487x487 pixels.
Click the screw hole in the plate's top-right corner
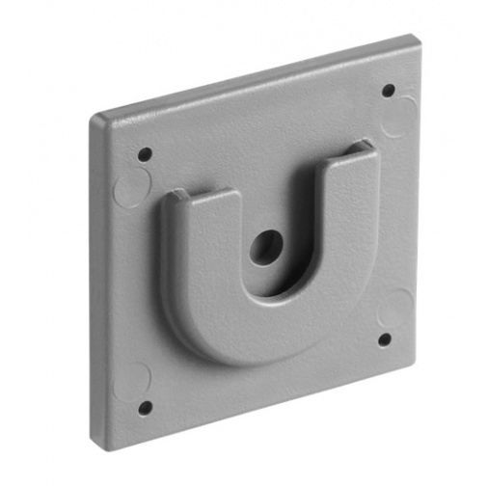coord(388,91)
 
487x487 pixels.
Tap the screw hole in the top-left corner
coord(145,154)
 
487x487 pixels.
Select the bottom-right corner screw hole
coord(384,339)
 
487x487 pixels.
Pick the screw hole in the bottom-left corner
coord(144,407)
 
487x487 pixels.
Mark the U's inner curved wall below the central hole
coord(280,289)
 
